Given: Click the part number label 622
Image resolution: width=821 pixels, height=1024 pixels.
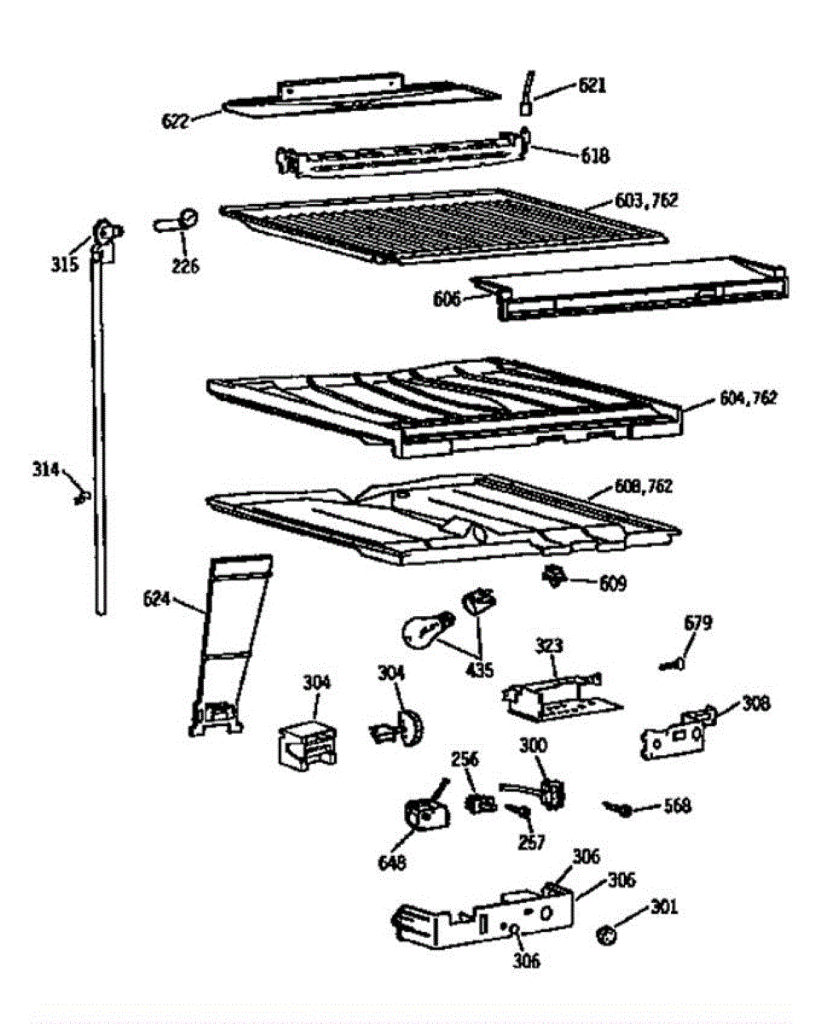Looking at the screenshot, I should tap(175, 119).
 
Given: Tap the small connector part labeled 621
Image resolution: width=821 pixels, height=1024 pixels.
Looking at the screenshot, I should tap(527, 95).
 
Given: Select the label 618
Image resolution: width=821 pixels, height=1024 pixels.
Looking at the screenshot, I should tap(595, 155).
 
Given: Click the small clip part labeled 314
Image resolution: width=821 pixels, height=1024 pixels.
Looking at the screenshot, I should tap(82, 495).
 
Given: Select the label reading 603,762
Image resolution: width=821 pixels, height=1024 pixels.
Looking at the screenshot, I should tap(646, 201).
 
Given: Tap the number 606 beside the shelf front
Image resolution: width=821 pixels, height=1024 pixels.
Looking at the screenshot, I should tap(447, 299).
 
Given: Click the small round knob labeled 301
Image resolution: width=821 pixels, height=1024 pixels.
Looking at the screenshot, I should tap(607, 936).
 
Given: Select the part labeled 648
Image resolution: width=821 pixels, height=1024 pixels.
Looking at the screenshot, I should tap(423, 817).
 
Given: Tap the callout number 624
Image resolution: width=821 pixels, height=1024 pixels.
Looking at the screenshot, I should tap(159, 602).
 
